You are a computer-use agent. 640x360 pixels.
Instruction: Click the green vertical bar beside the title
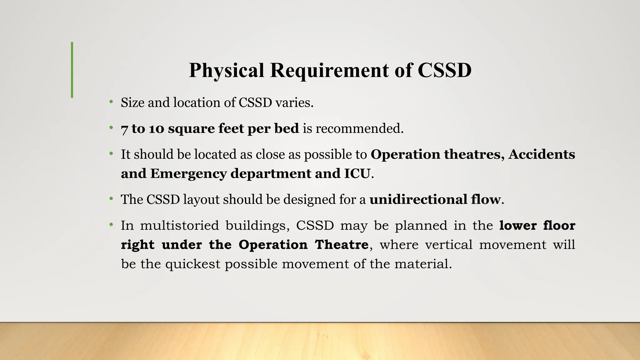pyautogui.click(x=72, y=70)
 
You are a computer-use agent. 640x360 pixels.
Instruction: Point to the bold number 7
pyautogui.click(x=124, y=129)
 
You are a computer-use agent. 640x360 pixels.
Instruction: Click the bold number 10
pyautogui.click(x=156, y=129)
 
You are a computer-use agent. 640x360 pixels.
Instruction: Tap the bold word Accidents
pyautogui.click(x=542, y=154)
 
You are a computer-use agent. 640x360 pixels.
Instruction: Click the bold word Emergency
pyautogui.click(x=188, y=174)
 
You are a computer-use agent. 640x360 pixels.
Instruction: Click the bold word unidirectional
pyautogui.click(x=418, y=199)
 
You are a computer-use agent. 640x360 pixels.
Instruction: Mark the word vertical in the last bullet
pyautogui.click(x=449, y=245)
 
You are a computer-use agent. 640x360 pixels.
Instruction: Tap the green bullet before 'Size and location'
pyautogui.click(x=111, y=102)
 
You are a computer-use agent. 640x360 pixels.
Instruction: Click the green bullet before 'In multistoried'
pyautogui.click(x=111, y=225)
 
